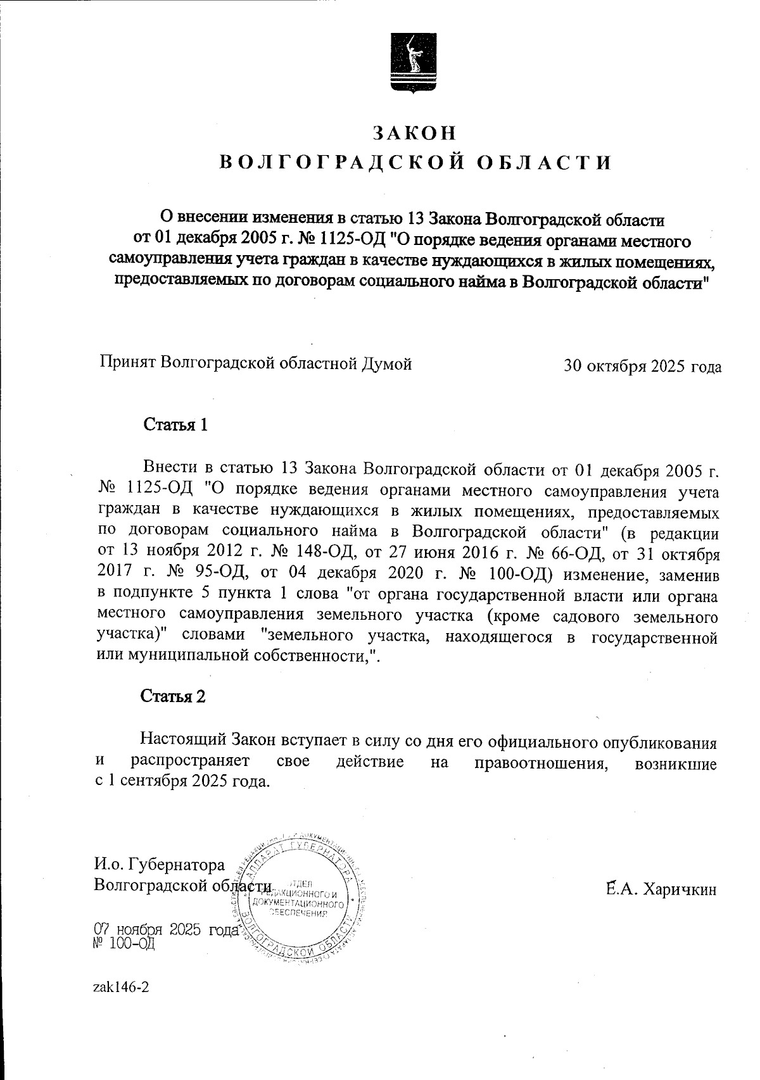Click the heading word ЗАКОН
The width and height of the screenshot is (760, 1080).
tap(414, 132)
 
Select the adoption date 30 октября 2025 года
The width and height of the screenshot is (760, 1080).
tap(642, 367)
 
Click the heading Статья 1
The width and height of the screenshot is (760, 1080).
tap(176, 424)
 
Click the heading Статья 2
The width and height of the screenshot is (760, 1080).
tap(173, 696)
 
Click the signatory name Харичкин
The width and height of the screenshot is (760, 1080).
tap(680, 889)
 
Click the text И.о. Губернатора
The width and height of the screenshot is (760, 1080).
tap(159, 865)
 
